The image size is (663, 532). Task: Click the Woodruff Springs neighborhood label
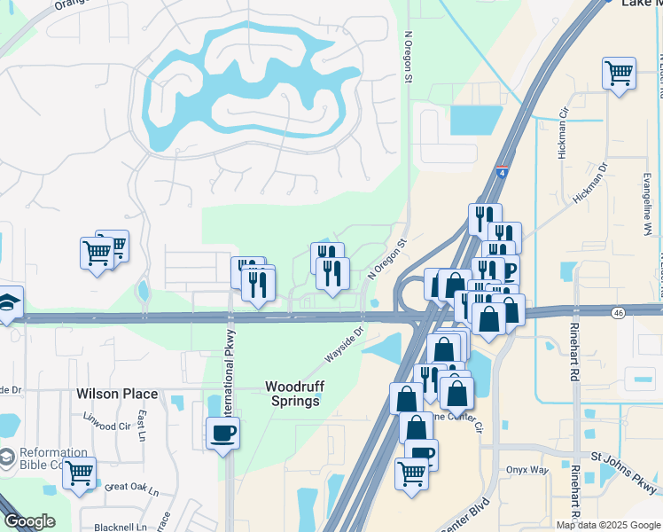pos(293,394)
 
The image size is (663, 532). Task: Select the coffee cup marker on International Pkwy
pos(222,433)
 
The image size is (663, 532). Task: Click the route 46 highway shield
pos(617,312)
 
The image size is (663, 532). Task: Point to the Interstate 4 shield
pos(503,172)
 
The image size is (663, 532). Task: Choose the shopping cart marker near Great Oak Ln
pos(79,473)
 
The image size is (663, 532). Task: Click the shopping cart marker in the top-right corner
pos(619,73)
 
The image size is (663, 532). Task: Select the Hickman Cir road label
pos(563,134)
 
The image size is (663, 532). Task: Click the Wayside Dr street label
pos(344,345)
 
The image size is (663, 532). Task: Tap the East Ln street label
pos(141,425)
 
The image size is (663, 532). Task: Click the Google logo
pos(28,521)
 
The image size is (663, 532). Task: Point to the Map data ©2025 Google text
pos(608,525)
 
